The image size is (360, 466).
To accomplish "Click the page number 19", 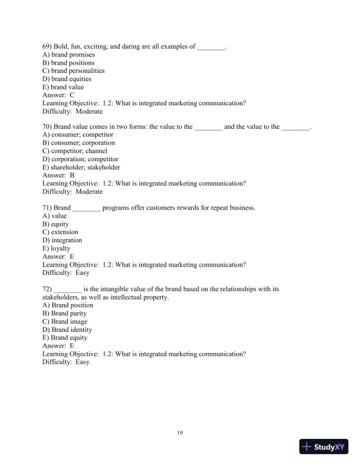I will point(180,434).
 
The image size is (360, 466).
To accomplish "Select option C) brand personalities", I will point(74,71).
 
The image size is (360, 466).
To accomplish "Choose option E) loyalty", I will point(56,248).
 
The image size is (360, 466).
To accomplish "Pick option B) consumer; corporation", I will point(79,143).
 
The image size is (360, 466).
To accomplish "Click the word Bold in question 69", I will point(62,46).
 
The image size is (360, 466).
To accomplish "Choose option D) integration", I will point(62,240).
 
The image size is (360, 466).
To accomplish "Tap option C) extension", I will point(61,232).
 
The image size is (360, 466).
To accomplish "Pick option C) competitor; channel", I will point(75,151).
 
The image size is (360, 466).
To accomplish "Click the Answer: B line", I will point(59,175).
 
